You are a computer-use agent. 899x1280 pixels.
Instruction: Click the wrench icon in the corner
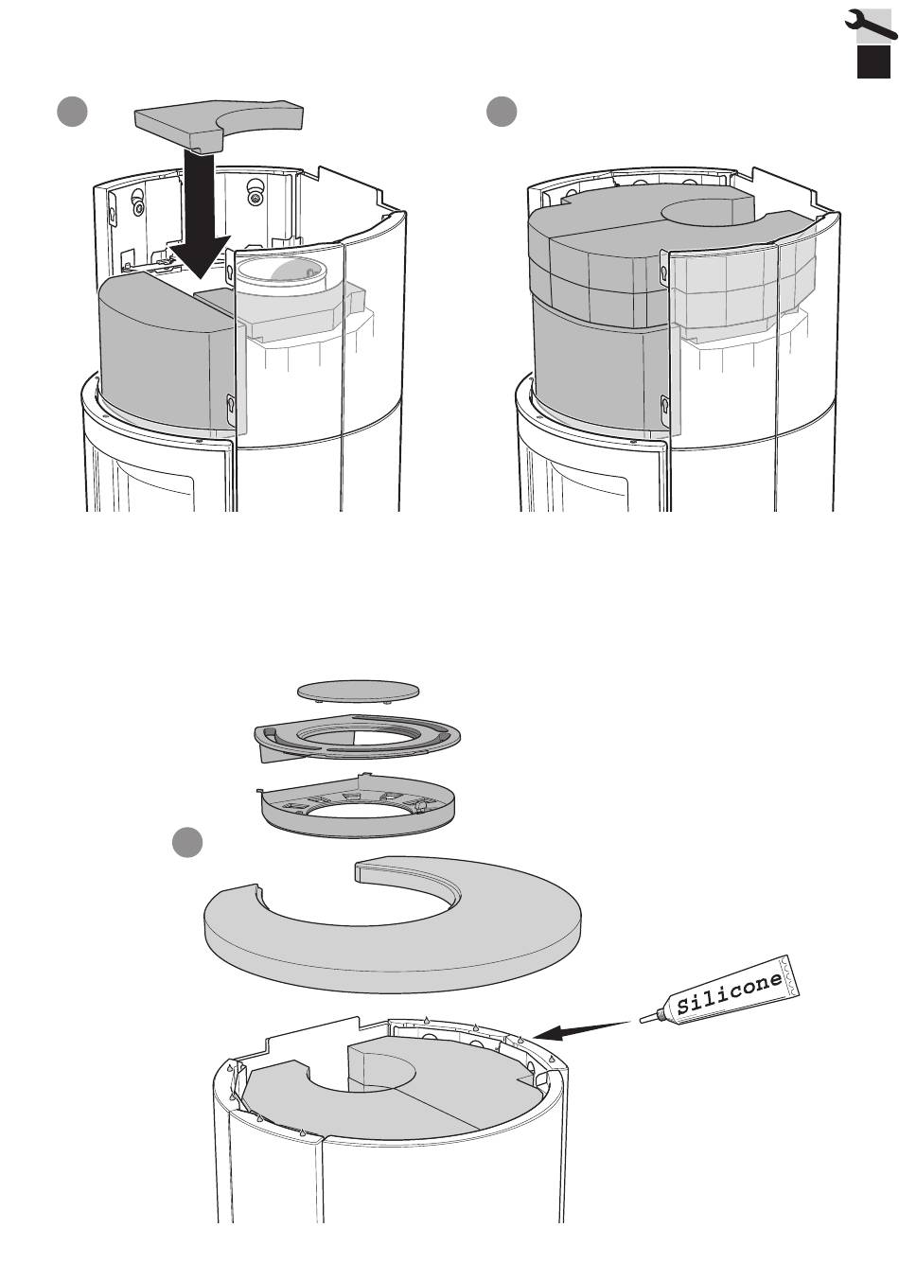tap(870, 24)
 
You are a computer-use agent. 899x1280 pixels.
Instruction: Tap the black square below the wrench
tap(873, 61)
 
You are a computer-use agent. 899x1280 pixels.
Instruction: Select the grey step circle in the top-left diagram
tap(72, 112)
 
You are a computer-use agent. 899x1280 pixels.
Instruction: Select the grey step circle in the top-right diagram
tap(502, 112)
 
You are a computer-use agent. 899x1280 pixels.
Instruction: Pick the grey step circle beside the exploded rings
tap(187, 842)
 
